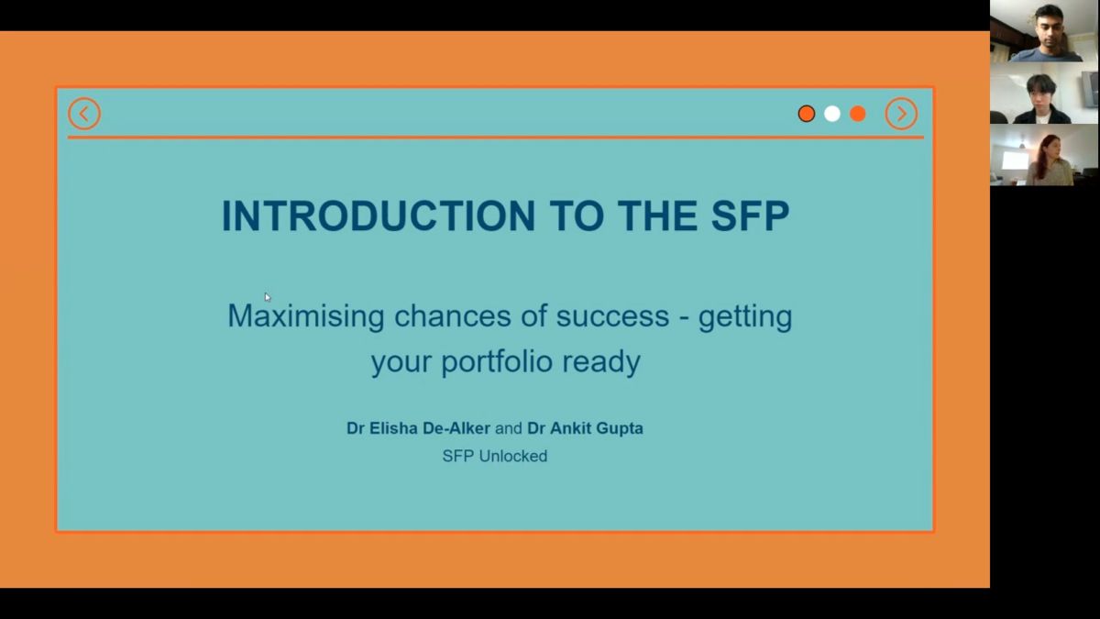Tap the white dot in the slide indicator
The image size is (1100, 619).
coord(832,114)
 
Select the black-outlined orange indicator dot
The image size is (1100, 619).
coord(807,114)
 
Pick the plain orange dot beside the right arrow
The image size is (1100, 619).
coord(857,114)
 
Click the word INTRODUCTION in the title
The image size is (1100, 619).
coord(378,216)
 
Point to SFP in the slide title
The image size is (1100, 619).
coord(750,216)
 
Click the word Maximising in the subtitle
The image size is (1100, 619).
coord(306,315)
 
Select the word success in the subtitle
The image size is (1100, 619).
coord(612,316)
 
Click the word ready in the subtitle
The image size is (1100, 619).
coord(601,362)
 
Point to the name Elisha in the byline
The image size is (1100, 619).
coord(393,428)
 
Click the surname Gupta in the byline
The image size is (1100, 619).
coord(620,429)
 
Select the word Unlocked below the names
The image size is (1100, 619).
coord(512,457)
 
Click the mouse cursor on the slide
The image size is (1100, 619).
coord(267,297)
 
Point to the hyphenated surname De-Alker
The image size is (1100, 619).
coord(456,428)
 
